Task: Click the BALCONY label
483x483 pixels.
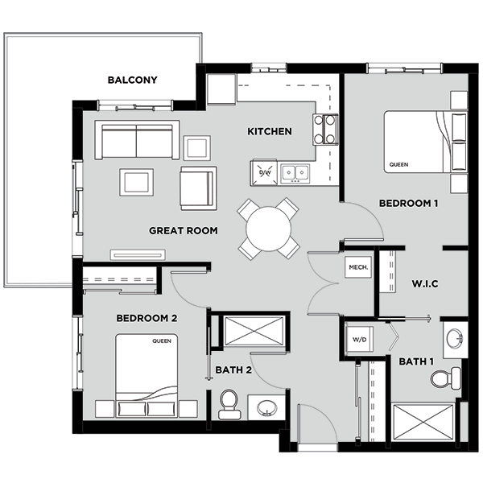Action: point(133,80)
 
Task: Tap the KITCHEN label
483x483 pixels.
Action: point(270,131)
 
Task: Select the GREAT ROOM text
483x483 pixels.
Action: point(184,230)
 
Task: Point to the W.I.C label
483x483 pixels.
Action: point(425,283)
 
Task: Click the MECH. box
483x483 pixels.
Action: point(358,267)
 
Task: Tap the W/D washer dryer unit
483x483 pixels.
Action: point(359,340)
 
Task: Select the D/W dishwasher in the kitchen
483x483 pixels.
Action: point(265,172)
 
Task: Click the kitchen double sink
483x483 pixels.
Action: point(295,173)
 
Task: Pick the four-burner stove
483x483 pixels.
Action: point(325,130)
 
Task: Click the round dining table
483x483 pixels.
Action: point(269,229)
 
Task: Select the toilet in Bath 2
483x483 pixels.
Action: point(229,404)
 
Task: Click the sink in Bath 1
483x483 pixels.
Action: point(455,340)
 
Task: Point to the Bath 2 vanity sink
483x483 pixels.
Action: point(266,408)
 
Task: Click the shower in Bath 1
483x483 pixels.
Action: point(423,423)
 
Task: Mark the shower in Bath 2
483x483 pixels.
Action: point(254,331)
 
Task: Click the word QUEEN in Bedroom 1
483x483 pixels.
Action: point(398,165)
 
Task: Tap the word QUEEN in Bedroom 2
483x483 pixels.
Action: point(162,341)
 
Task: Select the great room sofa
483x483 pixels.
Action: point(137,140)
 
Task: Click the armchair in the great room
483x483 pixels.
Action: point(199,188)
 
